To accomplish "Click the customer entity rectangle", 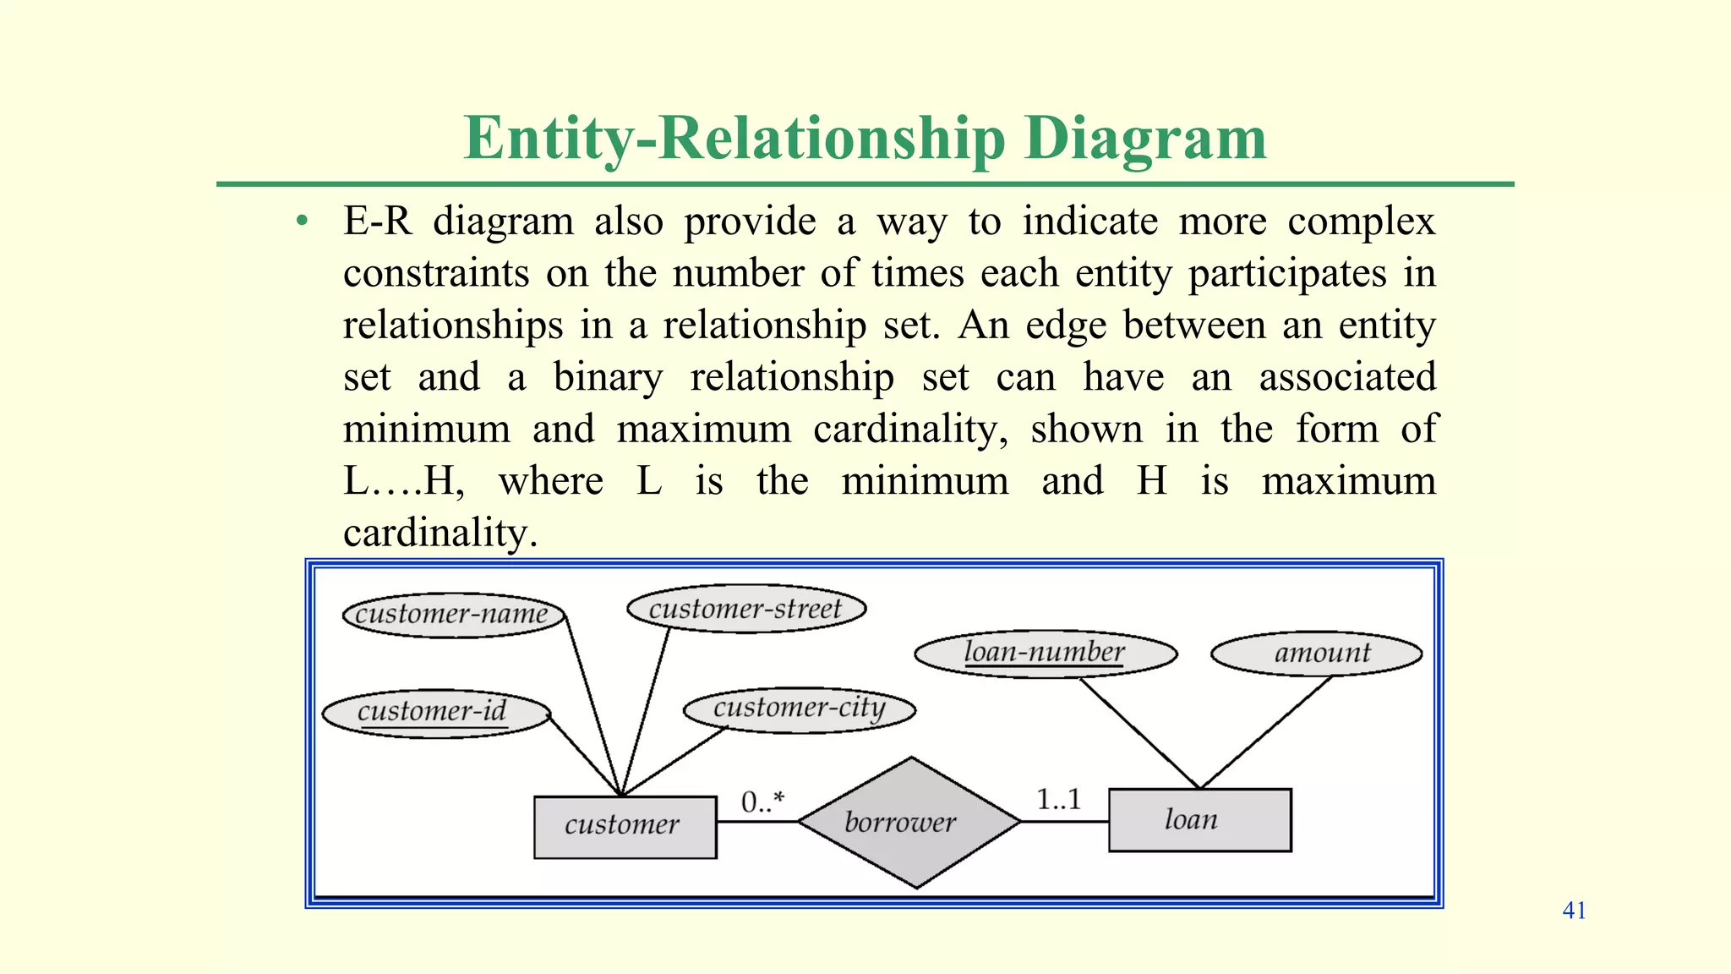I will (x=625, y=826).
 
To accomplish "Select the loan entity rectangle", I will (x=1199, y=819).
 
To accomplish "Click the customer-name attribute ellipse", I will (x=453, y=614).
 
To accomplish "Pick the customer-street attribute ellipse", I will (x=746, y=609).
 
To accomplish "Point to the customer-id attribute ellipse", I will (x=435, y=712).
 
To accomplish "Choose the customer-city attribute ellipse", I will (x=799, y=709).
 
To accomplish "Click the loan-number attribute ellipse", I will (x=1046, y=653).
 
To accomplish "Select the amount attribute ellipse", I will (x=1316, y=653).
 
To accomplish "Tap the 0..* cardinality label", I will (x=762, y=801).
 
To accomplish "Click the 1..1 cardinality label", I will (x=1058, y=799).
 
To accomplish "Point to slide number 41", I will (x=1574, y=911).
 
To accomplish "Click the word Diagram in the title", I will (x=1145, y=137).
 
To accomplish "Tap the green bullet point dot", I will (x=302, y=222).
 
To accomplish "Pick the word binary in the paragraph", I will (x=608, y=377).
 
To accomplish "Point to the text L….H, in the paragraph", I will (x=403, y=481).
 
